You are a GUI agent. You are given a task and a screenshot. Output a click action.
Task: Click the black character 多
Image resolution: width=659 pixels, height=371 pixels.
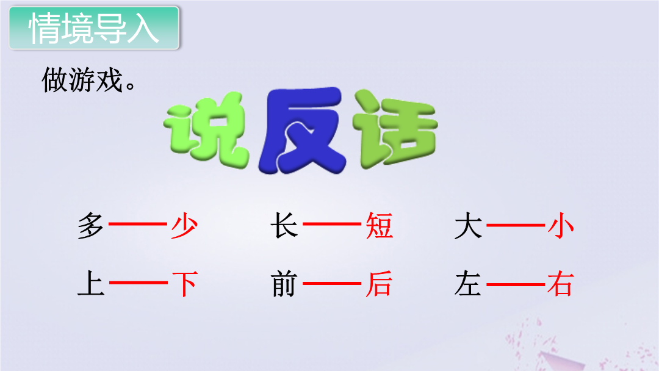(91, 226)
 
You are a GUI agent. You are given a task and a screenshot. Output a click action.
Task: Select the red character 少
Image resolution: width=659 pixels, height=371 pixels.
(184, 226)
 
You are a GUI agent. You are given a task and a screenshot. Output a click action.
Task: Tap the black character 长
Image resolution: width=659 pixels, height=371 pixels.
(284, 226)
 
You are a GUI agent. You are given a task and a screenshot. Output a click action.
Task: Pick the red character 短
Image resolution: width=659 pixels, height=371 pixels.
(379, 226)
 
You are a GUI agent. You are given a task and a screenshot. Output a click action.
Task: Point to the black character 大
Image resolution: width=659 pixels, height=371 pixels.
(468, 226)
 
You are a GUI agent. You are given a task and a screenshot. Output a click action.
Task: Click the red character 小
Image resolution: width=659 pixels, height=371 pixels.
(561, 226)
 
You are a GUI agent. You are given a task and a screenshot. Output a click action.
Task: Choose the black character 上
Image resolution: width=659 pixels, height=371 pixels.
(91, 284)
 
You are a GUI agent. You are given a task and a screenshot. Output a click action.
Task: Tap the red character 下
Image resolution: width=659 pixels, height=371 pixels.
(184, 284)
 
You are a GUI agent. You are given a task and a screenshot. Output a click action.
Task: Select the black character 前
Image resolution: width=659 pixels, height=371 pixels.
(284, 284)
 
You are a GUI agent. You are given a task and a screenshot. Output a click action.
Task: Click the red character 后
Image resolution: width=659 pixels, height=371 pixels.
(379, 284)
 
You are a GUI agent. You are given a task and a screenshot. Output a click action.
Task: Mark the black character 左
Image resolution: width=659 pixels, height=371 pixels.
(468, 284)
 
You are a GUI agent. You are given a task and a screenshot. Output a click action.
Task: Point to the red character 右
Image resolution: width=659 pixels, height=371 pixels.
(561, 284)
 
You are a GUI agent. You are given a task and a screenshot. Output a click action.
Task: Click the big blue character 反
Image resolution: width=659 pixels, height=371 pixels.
(302, 131)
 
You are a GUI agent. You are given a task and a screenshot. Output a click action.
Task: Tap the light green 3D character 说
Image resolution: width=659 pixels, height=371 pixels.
(206, 131)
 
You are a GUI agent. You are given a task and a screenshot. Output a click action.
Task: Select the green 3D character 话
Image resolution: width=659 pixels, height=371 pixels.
(395, 129)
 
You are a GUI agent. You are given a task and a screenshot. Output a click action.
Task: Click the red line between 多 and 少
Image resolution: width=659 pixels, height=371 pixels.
(138, 224)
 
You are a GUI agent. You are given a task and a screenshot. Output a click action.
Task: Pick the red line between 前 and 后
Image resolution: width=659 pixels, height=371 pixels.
(331, 284)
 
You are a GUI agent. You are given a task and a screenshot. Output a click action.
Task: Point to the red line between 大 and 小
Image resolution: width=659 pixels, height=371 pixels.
(516, 225)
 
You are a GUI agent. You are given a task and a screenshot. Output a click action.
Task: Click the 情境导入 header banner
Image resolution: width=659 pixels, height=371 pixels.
(94, 27)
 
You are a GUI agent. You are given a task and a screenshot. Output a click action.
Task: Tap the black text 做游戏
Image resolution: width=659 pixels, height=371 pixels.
(88, 80)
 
